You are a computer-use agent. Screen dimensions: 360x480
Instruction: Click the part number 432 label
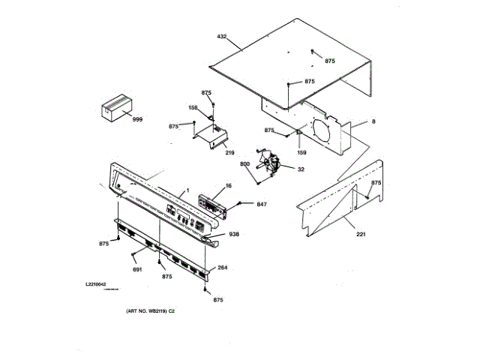pos(221,36)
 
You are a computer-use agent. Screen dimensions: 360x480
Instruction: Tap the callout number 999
pos(137,119)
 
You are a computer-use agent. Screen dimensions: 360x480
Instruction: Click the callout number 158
pos(193,108)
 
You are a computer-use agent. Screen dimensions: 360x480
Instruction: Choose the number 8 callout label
pos(373,121)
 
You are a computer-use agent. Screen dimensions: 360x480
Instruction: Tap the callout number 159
pos(301,152)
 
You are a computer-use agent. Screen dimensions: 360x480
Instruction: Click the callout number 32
pos(301,169)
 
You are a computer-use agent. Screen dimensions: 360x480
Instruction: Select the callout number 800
pos(244,163)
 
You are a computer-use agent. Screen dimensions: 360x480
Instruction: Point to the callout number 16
pos(228,185)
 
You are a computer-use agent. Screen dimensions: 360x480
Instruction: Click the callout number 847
pos(262,204)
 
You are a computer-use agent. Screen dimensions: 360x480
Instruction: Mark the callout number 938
pos(234,234)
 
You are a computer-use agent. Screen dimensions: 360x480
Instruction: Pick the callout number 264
pos(222,268)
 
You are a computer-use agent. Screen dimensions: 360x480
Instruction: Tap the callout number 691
pos(137,269)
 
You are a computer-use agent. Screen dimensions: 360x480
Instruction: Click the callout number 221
pos(361,235)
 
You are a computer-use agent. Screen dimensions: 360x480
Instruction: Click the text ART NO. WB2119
pos(150,311)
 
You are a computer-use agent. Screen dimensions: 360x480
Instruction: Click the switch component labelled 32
pos(271,165)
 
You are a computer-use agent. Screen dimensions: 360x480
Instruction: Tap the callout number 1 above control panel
pos(188,189)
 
